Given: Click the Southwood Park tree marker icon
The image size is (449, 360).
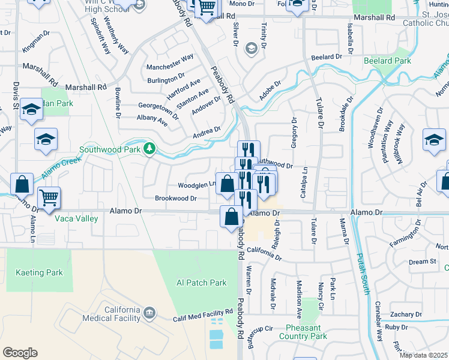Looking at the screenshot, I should [149, 148].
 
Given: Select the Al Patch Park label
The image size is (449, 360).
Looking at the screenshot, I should [201, 282].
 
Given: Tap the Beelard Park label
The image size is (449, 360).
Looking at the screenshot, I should [387, 61].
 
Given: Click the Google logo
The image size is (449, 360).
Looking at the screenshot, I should [20, 353].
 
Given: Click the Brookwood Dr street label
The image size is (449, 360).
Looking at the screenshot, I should [176, 198].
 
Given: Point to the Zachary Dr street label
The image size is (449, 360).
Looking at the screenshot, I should [405, 314].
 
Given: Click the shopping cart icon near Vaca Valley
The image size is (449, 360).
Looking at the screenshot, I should [49, 196].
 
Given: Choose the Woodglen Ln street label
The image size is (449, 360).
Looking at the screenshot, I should [196, 185].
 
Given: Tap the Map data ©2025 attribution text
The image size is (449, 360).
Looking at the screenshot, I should [424, 355].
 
